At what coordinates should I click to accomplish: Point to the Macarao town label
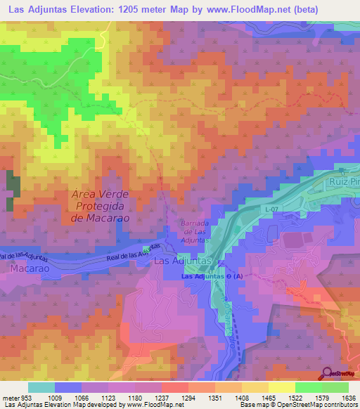[28, 269]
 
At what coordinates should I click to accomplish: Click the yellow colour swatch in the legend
[281, 387]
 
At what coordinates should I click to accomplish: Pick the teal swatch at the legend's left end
[41, 387]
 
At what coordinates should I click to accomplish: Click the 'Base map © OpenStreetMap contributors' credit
[295, 405]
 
